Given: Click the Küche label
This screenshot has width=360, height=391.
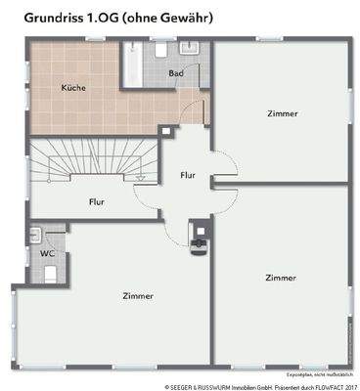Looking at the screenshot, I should pyautogui.click(x=72, y=89).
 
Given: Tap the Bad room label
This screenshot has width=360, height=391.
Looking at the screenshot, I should pyautogui.click(x=176, y=74).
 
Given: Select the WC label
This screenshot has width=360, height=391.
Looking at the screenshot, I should pyautogui.click(x=46, y=253).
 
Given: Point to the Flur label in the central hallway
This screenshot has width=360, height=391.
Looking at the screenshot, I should pyautogui.click(x=188, y=176).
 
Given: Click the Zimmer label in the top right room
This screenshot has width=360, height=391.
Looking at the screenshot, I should pyautogui.click(x=282, y=113).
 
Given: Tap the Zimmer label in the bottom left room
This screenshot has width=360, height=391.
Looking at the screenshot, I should pyautogui.click(x=138, y=295).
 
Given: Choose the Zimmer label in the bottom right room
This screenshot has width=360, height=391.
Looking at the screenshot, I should pyautogui.click(x=281, y=278).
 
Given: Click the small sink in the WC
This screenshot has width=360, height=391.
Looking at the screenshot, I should pyautogui.click(x=35, y=235).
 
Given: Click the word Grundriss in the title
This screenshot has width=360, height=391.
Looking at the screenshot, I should pyautogui.click(x=45, y=17).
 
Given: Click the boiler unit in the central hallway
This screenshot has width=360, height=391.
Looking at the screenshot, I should pyautogui.click(x=201, y=239).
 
